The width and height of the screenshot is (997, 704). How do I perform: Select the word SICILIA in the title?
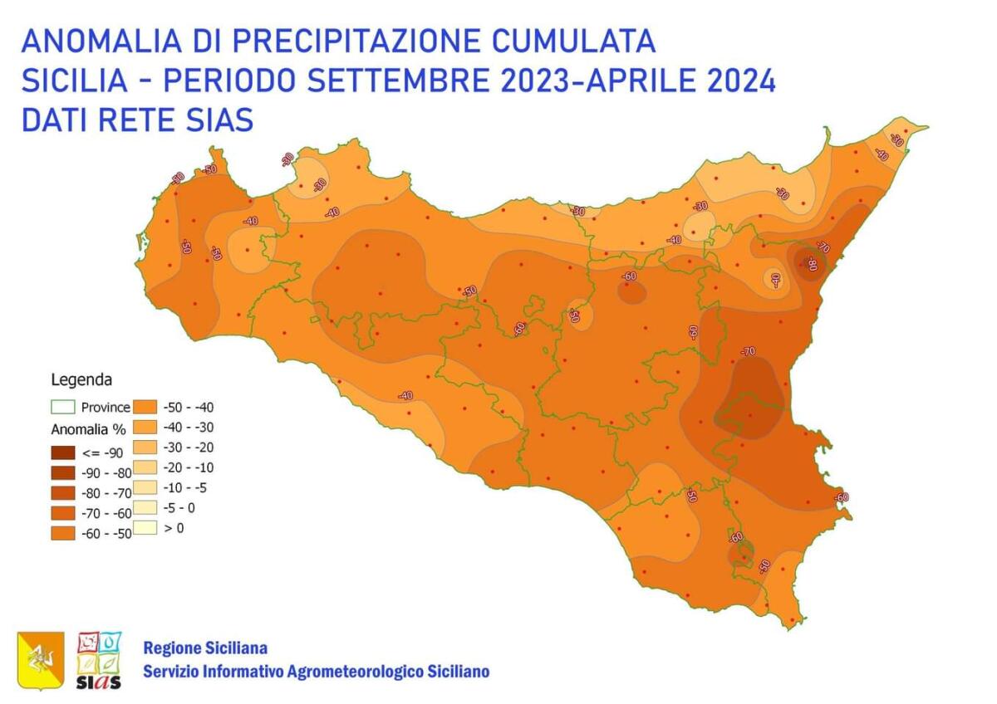[x=75, y=81]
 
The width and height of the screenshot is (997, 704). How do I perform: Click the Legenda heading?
[x=81, y=381]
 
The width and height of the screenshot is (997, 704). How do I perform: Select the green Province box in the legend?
[x=63, y=407]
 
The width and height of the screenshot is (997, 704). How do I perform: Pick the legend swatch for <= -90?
[x=63, y=453]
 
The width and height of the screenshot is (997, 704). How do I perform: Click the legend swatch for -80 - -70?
[x=63, y=493]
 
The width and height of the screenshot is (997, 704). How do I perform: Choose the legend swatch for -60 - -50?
[x=63, y=533]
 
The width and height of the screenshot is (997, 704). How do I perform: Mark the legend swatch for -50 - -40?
[x=146, y=407]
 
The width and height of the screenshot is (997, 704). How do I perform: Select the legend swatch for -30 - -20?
[x=146, y=447]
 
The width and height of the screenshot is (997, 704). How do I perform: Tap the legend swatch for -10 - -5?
[x=146, y=487]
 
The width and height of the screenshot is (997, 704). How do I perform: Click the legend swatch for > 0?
[x=146, y=527]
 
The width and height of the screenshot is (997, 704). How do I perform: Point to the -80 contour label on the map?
[x=811, y=265]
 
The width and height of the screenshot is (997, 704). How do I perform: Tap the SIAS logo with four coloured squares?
[x=99, y=660]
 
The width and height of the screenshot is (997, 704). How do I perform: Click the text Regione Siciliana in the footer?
[x=205, y=648]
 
